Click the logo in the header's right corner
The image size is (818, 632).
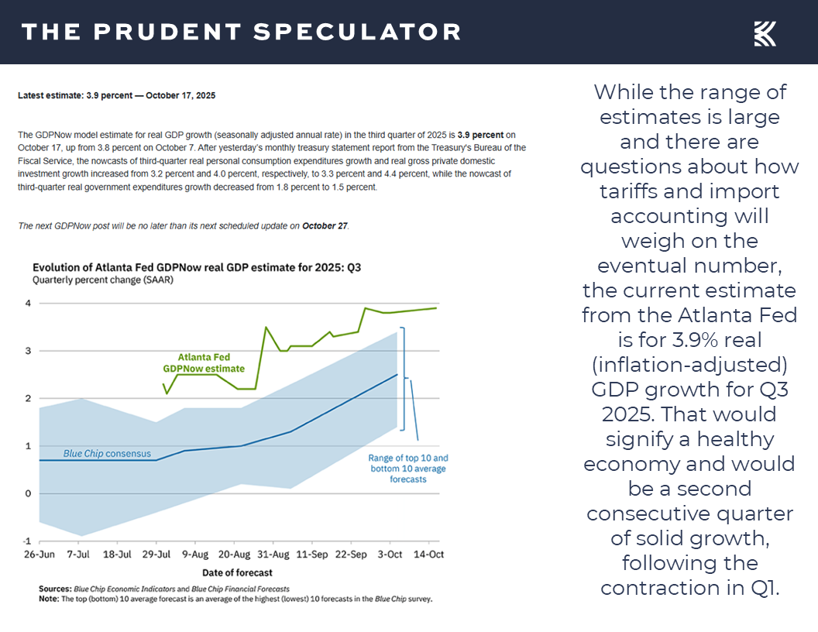click(765, 33)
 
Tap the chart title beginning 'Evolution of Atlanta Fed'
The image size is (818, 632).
click(197, 268)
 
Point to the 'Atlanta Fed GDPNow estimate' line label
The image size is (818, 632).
click(204, 363)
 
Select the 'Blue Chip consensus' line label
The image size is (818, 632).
click(107, 453)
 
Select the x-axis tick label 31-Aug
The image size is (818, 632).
click(273, 555)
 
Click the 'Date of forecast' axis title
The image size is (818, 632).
click(238, 572)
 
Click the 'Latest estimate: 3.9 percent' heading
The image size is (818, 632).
click(116, 96)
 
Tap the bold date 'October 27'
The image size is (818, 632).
click(325, 226)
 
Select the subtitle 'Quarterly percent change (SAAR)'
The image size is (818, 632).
click(102, 280)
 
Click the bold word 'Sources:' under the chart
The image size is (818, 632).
click(55, 589)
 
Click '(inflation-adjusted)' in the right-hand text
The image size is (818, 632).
click(689, 364)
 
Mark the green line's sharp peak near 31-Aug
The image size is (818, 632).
click(266, 327)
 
